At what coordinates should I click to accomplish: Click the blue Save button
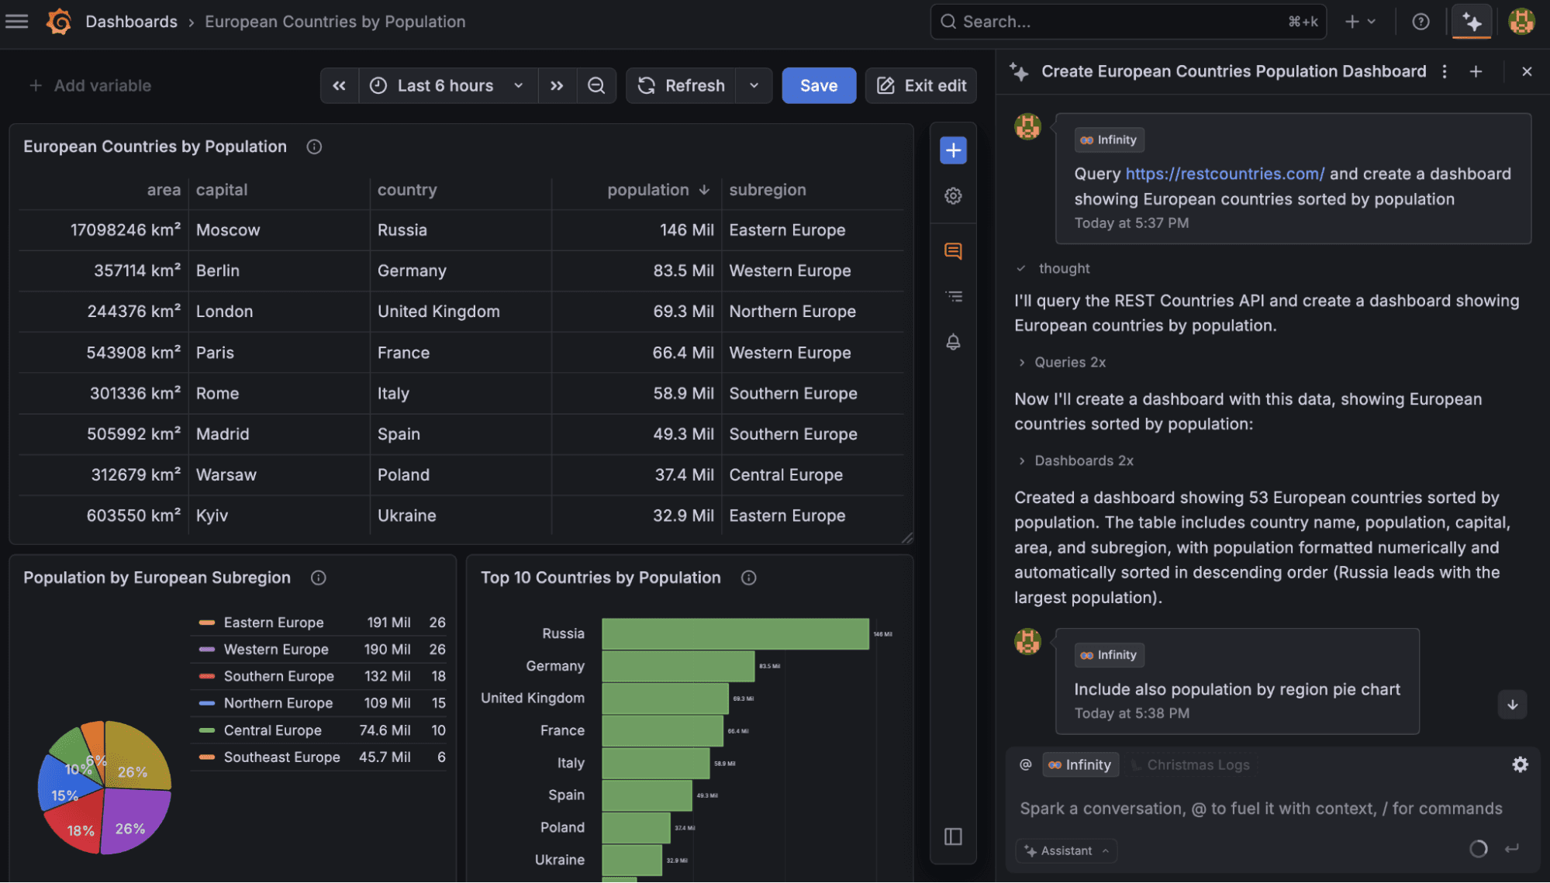coord(818,85)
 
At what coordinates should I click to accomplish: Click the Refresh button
coord(682,85)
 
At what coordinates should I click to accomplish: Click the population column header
coord(648,190)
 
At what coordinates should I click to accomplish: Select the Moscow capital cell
coord(228,230)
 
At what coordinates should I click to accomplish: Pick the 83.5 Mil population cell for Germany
coord(682,271)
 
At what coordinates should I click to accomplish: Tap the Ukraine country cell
coord(406,516)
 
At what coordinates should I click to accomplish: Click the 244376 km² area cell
coord(133,312)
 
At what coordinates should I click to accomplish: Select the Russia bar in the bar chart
coord(734,633)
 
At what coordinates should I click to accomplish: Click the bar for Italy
coord(655,763)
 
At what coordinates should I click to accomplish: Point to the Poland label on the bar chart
coord(562,827)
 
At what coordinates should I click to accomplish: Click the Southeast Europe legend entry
coord(281,757)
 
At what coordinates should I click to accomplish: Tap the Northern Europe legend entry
coord(278,703)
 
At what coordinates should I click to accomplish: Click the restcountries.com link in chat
coord(1224,174)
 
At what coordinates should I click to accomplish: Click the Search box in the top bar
coord(1117,22)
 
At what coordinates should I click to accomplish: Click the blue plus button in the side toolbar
coord(953,150)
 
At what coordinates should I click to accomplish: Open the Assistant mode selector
coord(1066,850)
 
